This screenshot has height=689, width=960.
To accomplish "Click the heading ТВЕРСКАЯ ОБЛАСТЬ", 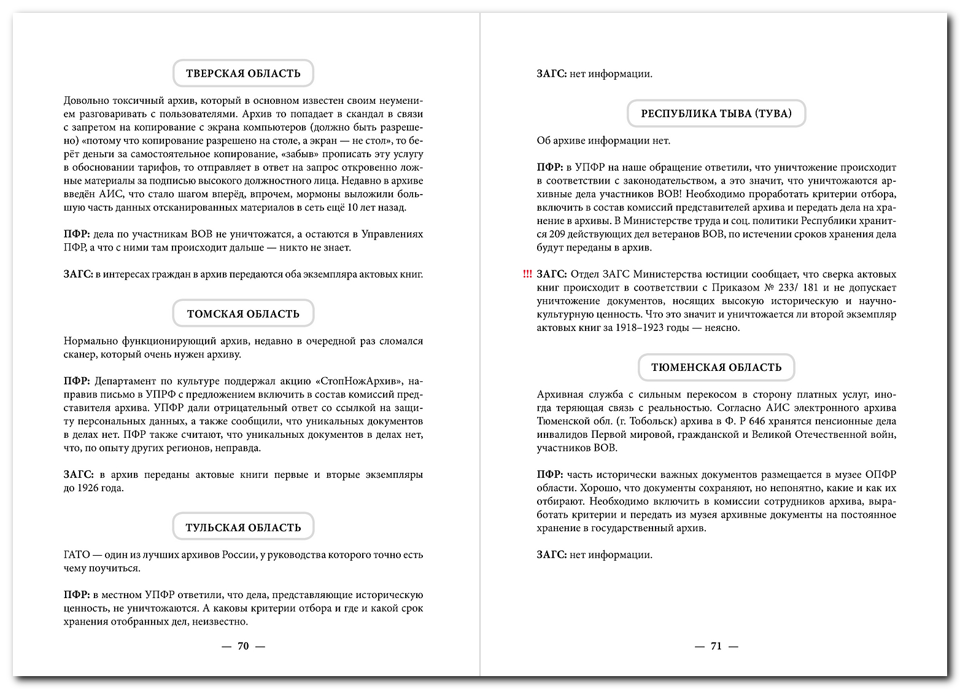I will click(243, 74).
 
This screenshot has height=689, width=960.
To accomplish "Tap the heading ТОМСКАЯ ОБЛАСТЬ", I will click(243, 314).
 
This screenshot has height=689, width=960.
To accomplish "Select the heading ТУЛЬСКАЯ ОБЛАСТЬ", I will click(243, 527).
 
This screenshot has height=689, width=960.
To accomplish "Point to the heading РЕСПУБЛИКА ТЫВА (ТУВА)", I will click(716, 114).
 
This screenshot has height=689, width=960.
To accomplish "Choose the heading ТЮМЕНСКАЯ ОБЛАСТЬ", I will click(716, 367).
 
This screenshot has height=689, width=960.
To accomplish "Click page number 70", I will click(243, 646).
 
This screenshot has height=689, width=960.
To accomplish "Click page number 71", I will click(716, 646).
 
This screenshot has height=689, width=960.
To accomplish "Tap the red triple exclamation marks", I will click(527, 274).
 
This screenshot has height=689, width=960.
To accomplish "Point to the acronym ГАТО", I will click(77, 555).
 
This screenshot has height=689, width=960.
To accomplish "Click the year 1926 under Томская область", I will click(90, 488).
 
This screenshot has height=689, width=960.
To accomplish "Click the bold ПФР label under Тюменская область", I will click(549, 475).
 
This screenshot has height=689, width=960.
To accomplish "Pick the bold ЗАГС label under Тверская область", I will click(77, 274).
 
